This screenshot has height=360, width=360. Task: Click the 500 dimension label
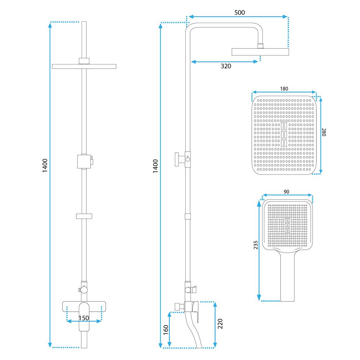coord(239,12)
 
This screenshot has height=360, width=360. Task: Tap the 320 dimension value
coord(226,66)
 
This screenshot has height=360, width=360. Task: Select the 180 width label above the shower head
coord(284,89)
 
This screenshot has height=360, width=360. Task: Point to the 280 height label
coord(324,132)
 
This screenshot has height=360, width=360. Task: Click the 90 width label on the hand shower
coord(286,192)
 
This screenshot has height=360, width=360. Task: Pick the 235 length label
coord(256,245)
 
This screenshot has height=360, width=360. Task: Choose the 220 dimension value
coord(220,324)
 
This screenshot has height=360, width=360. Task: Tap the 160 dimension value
coord(166,330)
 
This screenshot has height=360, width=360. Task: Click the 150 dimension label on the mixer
coord(84,318)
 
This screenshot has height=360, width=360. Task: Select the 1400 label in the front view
coord(45,165)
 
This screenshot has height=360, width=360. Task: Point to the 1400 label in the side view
coord(156,166)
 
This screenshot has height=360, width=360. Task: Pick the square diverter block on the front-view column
coord(84,161)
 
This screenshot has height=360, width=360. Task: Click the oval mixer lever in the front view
coord(84,317)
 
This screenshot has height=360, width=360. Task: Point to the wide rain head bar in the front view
coord(84,66)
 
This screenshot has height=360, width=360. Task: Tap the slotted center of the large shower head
coord(284,135)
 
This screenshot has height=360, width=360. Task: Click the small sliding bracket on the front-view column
coord(84,216)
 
